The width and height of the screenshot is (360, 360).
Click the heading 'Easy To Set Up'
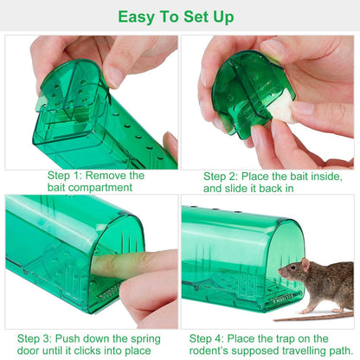[179, 16]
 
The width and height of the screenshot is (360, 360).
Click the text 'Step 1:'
[70, 175]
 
